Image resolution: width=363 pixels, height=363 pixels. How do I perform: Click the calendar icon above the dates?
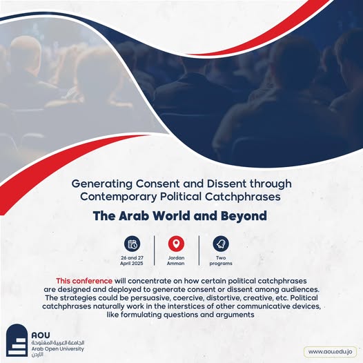point(133,244)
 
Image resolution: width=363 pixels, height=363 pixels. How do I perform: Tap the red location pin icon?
point(176,244)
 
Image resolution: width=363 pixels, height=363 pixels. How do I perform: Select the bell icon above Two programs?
point(221,244)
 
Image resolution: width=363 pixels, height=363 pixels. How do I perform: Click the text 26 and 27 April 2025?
point(132,260)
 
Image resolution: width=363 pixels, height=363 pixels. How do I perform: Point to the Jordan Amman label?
point(176,260)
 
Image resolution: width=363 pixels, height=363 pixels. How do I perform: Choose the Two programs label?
point(221,261)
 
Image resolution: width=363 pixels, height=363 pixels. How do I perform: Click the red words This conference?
point(84,281)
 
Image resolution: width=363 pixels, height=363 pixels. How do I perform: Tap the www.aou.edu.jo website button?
point(330,352)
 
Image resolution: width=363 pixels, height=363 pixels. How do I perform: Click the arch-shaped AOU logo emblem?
point(17,340)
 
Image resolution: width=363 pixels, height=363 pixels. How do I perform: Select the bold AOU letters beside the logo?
point(41,335)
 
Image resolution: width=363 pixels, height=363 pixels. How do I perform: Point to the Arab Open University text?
point(58,349)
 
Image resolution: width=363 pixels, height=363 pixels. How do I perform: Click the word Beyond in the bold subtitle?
point(244,216)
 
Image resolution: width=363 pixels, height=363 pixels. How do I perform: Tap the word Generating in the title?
point(102,184)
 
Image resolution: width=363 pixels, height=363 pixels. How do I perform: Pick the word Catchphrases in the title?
point(243,197)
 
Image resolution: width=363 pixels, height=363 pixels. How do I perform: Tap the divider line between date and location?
point(155,251)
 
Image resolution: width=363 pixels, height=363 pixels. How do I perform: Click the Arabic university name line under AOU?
point(58,342)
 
